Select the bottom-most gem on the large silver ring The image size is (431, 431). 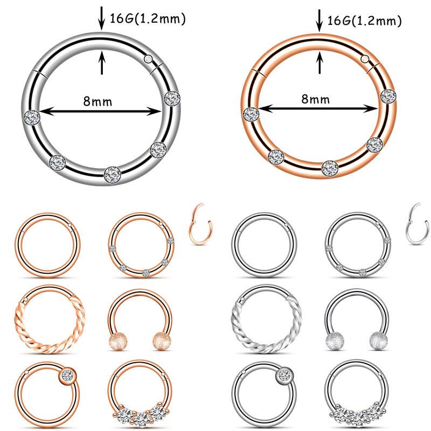(112, 173)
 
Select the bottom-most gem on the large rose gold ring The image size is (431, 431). (330, 168)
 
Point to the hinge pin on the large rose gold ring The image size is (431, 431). (365, 58)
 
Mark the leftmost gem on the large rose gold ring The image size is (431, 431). (251, 113)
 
